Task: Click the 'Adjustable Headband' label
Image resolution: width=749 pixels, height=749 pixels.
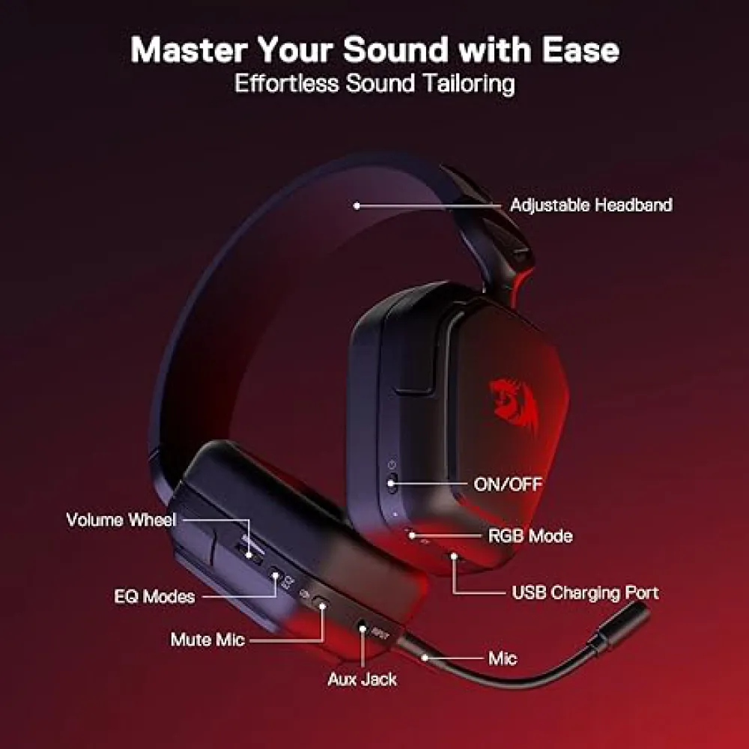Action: click(x=592, y=205)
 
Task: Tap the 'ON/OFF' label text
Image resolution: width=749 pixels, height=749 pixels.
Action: click(x=508, y=485)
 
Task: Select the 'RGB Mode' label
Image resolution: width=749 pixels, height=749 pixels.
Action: click(x=530, y=536)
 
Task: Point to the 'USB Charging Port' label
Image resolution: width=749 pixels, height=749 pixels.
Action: click(x=585, y=592)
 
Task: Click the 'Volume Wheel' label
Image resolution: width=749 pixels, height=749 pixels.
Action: click(x=121, y=520)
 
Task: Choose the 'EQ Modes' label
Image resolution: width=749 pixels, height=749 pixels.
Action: click(x=154, y=597)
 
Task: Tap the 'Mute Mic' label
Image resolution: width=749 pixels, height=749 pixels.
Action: click(x=207, y=640)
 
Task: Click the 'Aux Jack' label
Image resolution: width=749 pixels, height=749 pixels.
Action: click(x=362, y=679)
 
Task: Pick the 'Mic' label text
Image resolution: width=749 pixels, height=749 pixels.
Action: click(x=503, y=658)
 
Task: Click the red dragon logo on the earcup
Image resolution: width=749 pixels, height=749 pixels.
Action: click(x=514, y=407)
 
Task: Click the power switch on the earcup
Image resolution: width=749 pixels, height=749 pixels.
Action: click(x=392, y=483)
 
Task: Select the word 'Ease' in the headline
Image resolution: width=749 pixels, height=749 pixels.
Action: click(x=580, y=50)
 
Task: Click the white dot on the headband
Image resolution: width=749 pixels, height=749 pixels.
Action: click(x=357, y=206)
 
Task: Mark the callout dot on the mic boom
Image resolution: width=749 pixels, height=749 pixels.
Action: click(x=425, y=658)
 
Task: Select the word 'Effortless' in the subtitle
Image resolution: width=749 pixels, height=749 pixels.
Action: click(x=286, y=84)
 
